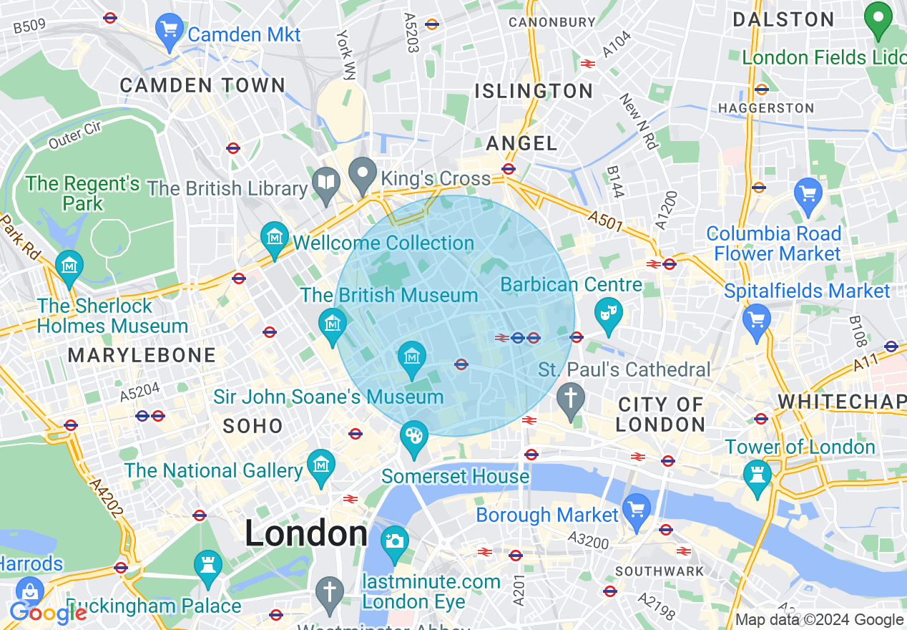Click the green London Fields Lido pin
pos(877,20)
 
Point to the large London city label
pos(306,534)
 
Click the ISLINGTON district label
pos(534,91)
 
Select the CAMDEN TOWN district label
pos(202,85)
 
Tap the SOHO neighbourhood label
pos(253,426)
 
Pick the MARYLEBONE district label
pos(142,355)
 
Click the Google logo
pos(47,613)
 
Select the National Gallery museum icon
pos(320,465)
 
